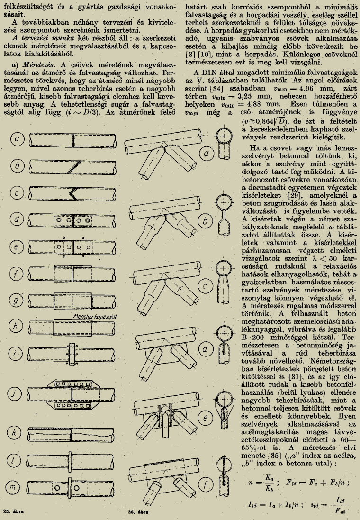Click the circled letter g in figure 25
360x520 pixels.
coord(18,301)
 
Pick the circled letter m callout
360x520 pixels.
coord(18,484)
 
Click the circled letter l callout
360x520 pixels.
coord(18,460)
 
